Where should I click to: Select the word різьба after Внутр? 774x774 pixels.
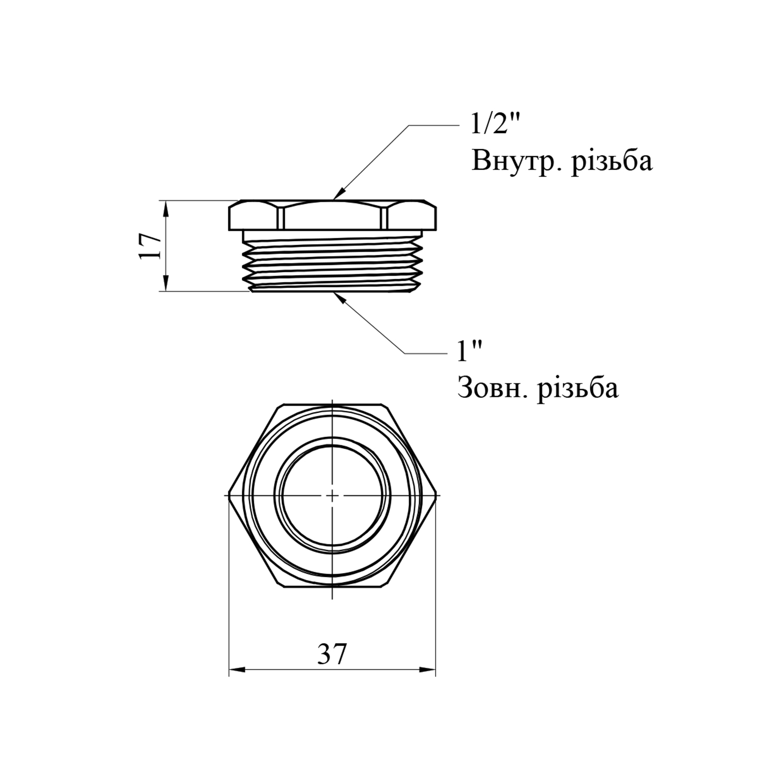[x=612, y=162]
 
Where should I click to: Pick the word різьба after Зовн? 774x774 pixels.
[x=578, y=388]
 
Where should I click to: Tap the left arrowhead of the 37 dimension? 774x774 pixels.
[x=237, y=670]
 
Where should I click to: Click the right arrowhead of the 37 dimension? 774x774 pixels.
[x=428, y=670]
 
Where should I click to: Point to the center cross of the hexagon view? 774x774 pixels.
[x=332, y=494]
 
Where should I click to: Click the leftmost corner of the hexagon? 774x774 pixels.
[x=229, y=494]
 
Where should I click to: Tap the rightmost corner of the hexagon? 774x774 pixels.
[x=436, y=494]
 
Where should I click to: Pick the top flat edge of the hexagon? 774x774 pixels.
[x=332, y=404]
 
